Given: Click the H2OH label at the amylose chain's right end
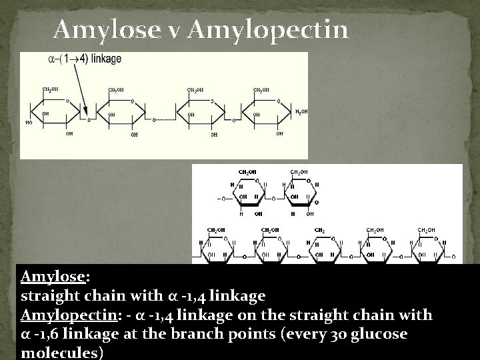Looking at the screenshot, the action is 301,111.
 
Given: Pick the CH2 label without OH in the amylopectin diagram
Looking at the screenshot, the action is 319,230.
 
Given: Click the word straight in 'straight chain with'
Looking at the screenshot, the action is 46,295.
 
